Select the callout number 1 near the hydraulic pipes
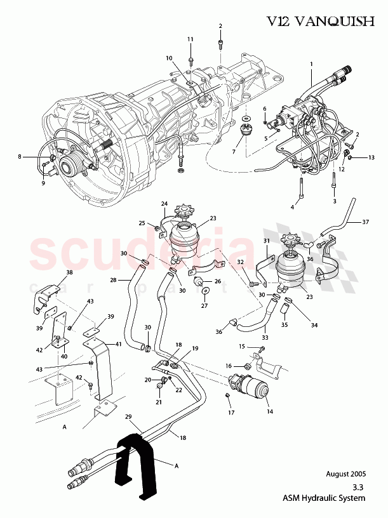click(312, 64)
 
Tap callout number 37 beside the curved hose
click(365, 222)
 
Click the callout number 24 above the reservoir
click(164, 204)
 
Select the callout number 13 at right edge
click(372, 157)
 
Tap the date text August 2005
click(345, 474)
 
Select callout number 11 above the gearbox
click(190, 39)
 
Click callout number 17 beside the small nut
click(231, 412)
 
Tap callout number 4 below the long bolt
click(293, 207)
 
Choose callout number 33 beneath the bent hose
click(265, 338)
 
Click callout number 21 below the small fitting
click(159, 402)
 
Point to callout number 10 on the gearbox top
click(170, 58)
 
